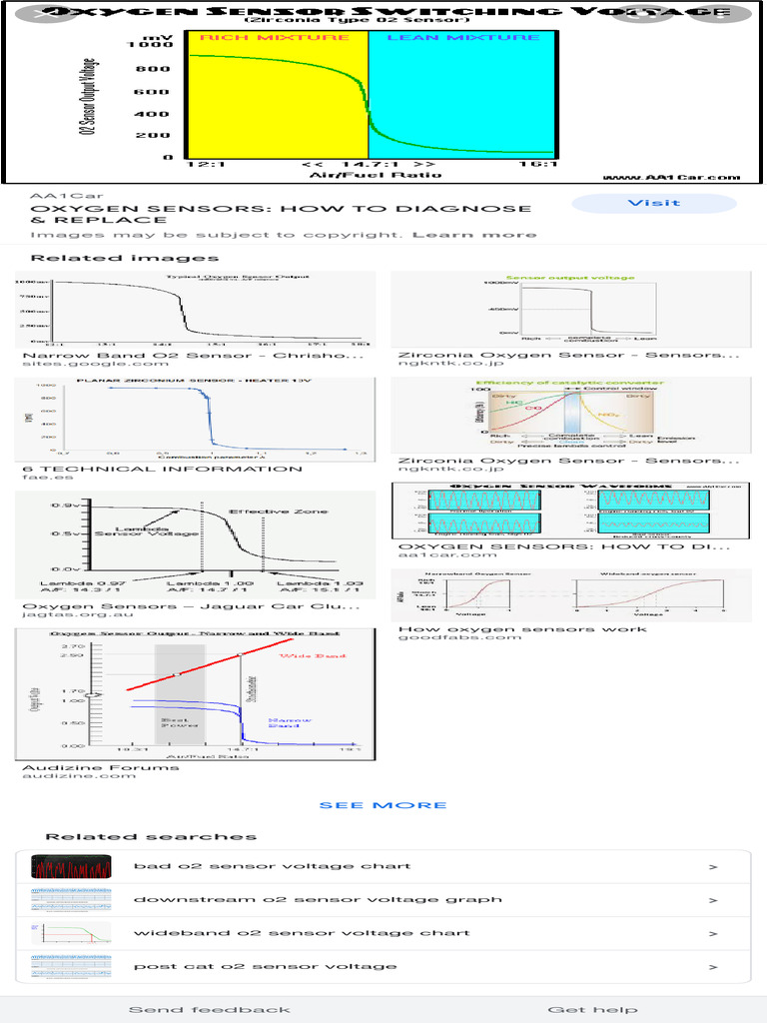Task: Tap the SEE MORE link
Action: tap(383, 805)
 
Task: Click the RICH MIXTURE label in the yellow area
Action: tap(275, 38)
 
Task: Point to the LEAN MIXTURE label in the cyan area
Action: tap(462, 38)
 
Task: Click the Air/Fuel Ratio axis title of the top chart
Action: tap(361, 175)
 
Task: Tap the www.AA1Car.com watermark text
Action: tap(672, 177)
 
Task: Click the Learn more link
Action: tap(474, 235)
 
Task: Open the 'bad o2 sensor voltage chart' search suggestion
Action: tap(272, 866)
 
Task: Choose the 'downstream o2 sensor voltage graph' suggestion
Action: tap(318, 899)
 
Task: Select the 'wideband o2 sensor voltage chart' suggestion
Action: tap(301, 933)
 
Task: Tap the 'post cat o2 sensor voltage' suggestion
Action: tap(265, 966)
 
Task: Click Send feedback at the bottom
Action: tap(210, 1009)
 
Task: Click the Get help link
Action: tap(592, 1009)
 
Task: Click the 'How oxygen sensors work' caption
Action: tap(521, 629)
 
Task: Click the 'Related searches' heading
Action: tap(151, 837)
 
